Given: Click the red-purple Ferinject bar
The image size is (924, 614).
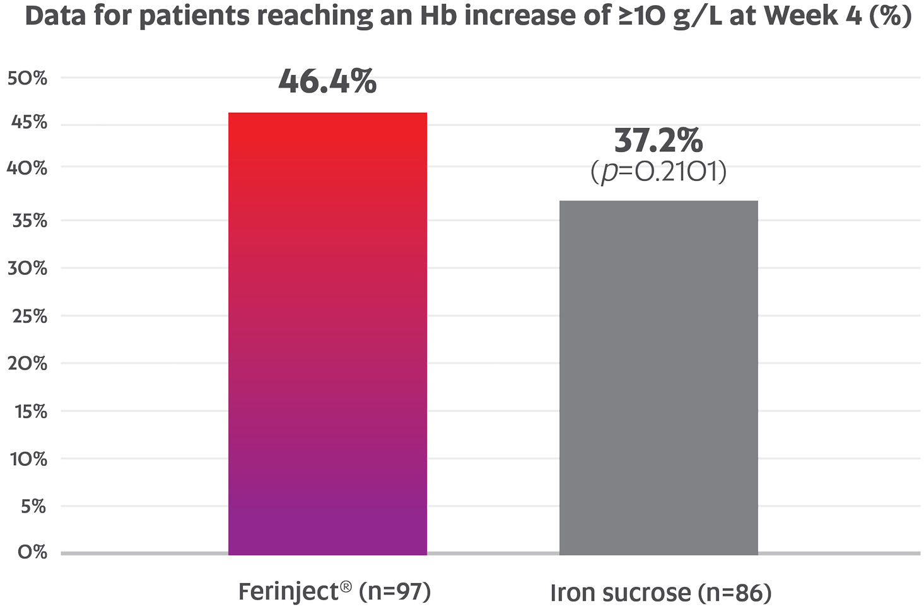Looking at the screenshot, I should click(x=327, y=333).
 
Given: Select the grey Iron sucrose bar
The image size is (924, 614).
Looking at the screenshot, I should click(x=658, y=378).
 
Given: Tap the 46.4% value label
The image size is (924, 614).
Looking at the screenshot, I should click(x=327, y=81).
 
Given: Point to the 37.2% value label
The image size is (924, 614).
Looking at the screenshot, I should click(x=658, y=141).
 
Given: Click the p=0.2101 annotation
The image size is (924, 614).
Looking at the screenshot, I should click(x=658, y=172).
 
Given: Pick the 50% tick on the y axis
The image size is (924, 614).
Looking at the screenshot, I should click(x=27, y=78).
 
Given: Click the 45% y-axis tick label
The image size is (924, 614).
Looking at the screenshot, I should click(x=29, y=122).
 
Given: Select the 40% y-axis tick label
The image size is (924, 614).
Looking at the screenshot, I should click(x=27, y=168).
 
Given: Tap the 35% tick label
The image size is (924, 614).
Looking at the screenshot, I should click(x=29, y=221).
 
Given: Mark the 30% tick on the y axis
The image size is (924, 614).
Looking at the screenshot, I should click(x=27, y=268).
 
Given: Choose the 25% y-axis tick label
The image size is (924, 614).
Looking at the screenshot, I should click(x=29, y=316).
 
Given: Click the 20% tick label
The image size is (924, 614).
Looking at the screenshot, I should click(x=27, y=364).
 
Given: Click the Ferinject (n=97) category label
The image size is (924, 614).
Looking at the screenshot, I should click(x=334, y=592).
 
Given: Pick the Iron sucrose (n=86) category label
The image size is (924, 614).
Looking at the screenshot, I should click(x=660, y=593).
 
